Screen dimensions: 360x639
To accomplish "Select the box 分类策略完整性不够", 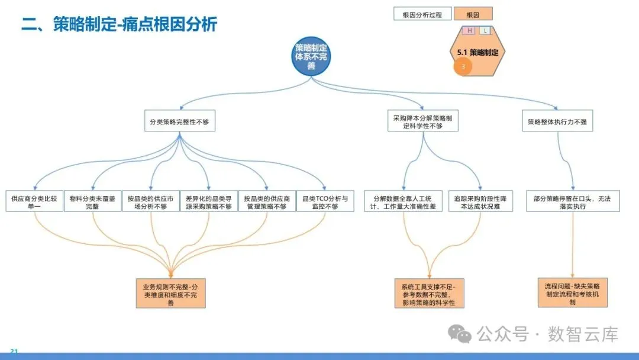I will click(179, 123).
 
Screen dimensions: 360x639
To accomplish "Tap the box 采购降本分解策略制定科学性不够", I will click(422, 123).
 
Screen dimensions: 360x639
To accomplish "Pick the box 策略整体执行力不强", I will click(557, 123).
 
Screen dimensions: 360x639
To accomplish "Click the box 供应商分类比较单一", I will click(34, 202).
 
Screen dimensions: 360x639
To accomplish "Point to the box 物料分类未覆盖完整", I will click(92, 202).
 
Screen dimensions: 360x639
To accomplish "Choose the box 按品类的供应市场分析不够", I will click(151, 202).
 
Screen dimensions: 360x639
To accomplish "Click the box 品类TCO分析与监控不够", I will click(325, 202).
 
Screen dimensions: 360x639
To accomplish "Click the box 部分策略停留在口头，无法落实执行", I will click(572, 202).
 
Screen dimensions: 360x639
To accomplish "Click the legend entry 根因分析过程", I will click(422, 14).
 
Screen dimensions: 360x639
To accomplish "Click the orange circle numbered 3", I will click(463, 67).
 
